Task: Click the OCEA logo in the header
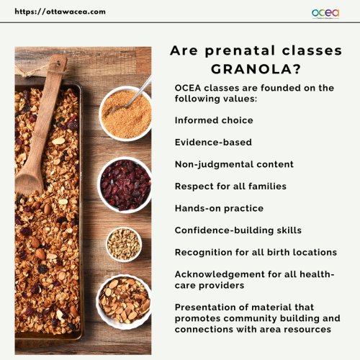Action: [325, 13]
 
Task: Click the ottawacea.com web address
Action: [60, 12]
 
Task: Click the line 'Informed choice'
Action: [214, 120]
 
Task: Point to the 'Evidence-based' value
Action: [213, 143]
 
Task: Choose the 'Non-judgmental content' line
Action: [234, 164]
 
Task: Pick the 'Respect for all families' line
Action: [230, 186]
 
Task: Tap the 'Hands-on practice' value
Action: [219, 208]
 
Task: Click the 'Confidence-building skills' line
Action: [238, 230]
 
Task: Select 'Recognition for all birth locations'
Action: [256, 252]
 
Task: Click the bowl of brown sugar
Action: [125, 113]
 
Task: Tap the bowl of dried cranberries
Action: [125, 185]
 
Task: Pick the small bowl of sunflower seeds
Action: [124, 244]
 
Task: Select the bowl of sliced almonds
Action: [125, 302]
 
